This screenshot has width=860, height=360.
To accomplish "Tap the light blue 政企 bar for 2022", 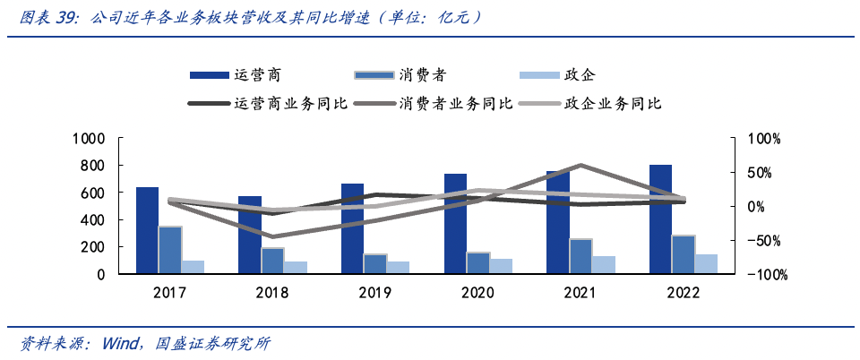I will (x=707, y=264).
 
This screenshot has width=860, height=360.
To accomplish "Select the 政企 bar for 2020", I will (x=502, y=266).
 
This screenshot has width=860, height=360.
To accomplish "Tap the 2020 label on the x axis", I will (x=478, y=292).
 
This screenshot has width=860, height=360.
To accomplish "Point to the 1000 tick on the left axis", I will (x=90, y=139).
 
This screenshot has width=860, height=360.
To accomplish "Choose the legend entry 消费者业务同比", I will (x=457, y=104).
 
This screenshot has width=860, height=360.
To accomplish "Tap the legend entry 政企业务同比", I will (x=613, y=104).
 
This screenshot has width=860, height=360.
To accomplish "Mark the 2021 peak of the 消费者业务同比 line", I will (x=581, y=166).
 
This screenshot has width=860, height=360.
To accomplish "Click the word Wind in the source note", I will (x=122, y=344).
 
